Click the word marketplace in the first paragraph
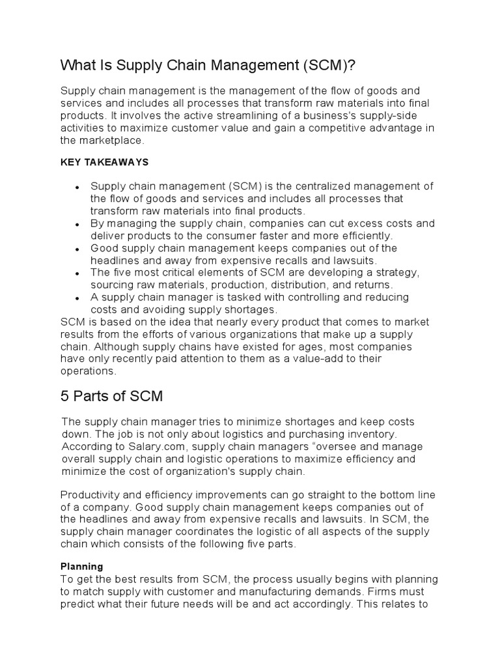[x=111, y=140]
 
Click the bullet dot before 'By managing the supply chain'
[x=77, y=225]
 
